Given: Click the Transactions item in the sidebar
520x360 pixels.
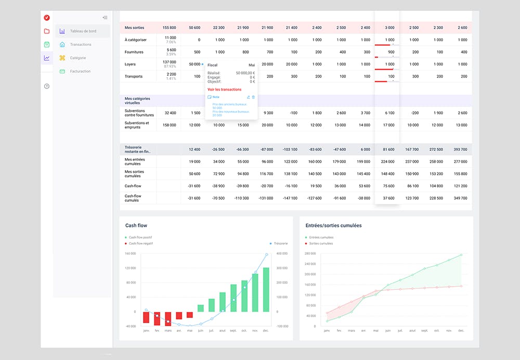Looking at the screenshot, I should pos(81,45).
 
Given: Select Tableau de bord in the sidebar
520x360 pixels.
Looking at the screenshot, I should pos(83,31).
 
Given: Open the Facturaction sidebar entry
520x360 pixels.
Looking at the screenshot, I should pos(80,71).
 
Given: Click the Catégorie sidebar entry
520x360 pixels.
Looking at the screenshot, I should pos(78,58).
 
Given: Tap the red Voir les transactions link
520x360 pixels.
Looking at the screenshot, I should pos(224,89).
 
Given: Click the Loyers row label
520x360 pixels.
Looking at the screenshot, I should pos(130,64).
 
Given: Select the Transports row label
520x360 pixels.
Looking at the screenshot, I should pos(133,76).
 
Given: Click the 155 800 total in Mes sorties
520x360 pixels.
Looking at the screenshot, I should pos(169,28).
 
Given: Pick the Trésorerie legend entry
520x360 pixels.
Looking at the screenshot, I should pos(280,243).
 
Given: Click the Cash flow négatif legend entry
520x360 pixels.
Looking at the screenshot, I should pos(140,243).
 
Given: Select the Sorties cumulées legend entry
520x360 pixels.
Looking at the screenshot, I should pos(321,243).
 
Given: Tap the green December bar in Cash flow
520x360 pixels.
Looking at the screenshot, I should pos(266,289).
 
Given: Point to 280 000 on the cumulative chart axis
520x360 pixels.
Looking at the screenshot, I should pos(309,254).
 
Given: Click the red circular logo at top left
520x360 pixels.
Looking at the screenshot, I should pos(47,17).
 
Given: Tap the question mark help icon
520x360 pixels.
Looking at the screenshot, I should pos(47,86).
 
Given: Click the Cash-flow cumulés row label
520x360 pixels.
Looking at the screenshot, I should pos(133,198).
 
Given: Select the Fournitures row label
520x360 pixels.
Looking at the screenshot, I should pos(134,52).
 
